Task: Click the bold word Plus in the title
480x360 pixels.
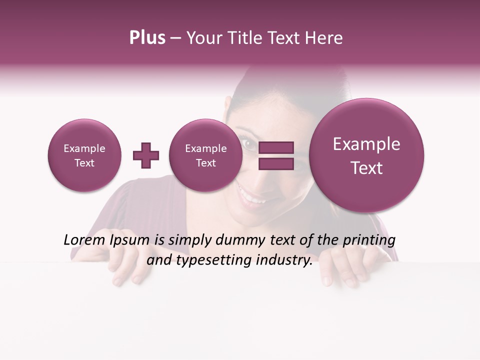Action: [x=147, y=38]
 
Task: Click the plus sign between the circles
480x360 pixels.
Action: [x=146, y=155]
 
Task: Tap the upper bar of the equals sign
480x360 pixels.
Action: [x=275, y=147]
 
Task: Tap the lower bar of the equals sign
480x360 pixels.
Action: [x=275, y=163]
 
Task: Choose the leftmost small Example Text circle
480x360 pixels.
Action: [x=84, y=155]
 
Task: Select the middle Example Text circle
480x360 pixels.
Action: [x=205, y=155]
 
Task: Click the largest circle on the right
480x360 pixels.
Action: [x=366, y=155]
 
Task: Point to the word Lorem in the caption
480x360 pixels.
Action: [x=85, y=240]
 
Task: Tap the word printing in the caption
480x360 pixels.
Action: [x=369, y=240]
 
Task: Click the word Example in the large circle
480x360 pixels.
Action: [x=366, y=144]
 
